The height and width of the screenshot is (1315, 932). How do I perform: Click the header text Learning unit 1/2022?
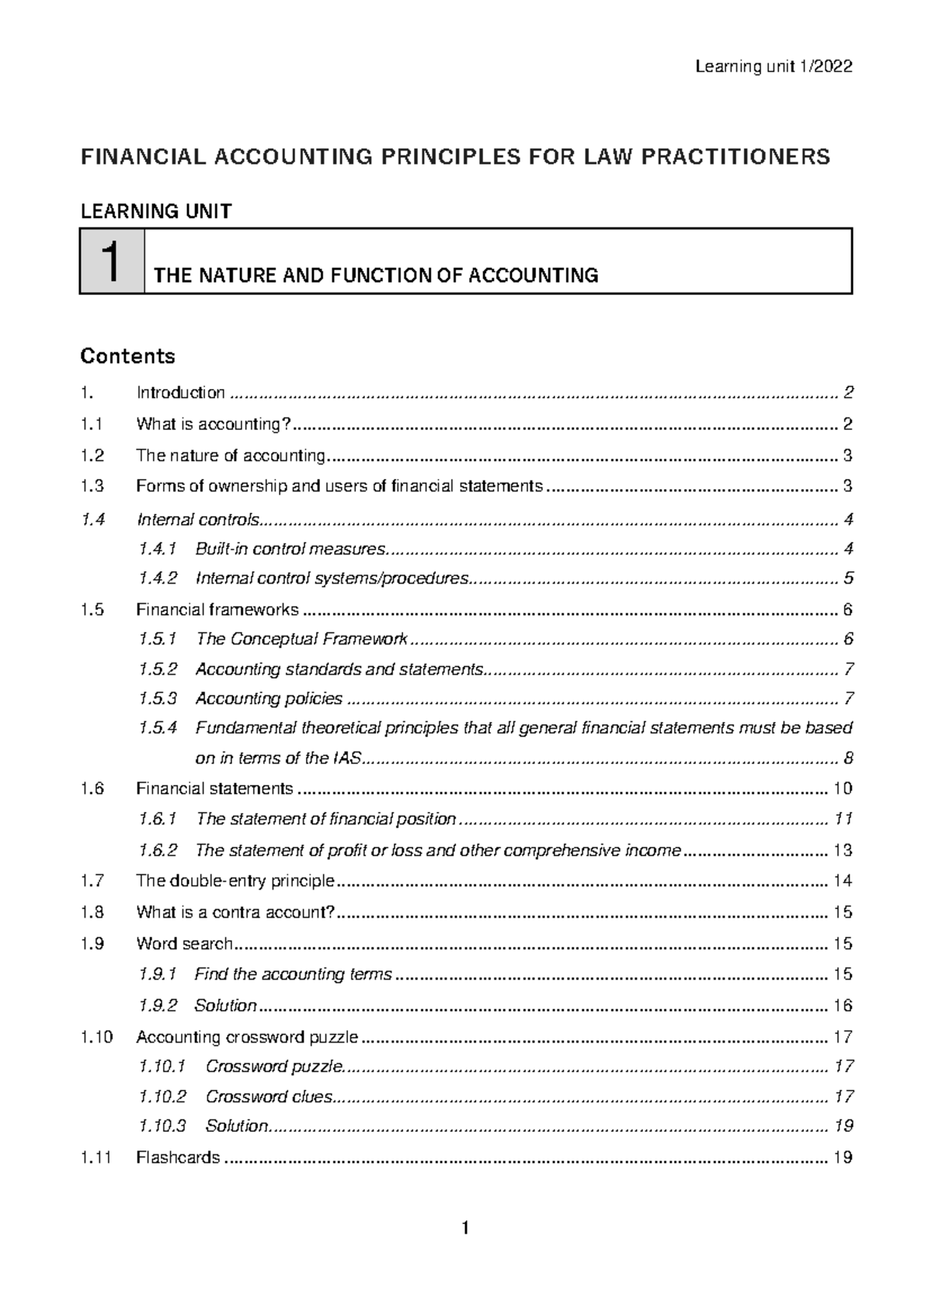pyautogui.click(x=774, y=67)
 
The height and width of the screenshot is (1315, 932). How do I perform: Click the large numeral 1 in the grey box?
pyautogui.click(x=111, y=262)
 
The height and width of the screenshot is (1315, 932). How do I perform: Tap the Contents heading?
pyautogui.click(x=127, y=356)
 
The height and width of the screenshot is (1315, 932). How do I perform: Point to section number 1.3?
pyautogui.click(x=92, y=486)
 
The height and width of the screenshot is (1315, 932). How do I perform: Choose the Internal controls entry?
pyautogui.click(x=199, y=519)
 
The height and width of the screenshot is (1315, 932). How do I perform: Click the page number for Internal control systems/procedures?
pyautogui.click(x=848, y=578)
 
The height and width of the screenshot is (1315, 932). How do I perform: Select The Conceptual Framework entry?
pyautogui.click(x=301, y=639)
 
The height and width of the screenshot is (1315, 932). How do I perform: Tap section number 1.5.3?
pyautogui.click(x=158, y=699)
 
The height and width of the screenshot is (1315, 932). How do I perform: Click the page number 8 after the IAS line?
pyautogui.click(x=848, y=758)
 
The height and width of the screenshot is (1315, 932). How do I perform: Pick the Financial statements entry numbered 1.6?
pyautogui.click(x=214, y=789)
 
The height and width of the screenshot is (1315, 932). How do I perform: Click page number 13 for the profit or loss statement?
pyautogui.click(x=843, y=850)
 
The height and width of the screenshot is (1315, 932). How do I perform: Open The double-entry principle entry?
pyautogui.click(x=235, y=880)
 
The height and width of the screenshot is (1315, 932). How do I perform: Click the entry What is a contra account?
pyautogui.click(x=235, y=912)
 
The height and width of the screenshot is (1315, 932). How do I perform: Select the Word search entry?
pyautogui.click(x=184, y=944)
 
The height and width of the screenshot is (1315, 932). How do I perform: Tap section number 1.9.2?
pyautogui.click(x=158, y=1005)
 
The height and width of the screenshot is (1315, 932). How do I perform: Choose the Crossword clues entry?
pyautogui.click(x=269, y=1097)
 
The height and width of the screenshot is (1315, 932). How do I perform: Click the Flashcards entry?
pyautogui.click(x=178, y=1157)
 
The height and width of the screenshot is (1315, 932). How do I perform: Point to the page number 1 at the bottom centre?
pyautogui.click(x=465, y=1228)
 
